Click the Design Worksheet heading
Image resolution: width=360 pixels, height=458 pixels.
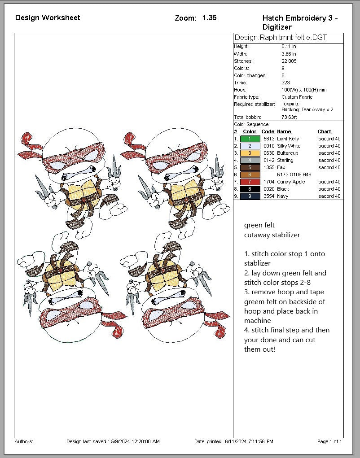pyautogui.click(x=48, y=17)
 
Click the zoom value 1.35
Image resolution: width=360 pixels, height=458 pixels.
pyautogui.click(x=210, y=18)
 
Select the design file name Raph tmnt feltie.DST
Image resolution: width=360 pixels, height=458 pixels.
pyautogui.click(x=293, y=38)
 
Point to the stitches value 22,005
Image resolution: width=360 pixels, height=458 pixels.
pyautogui.click(x=289, y=61)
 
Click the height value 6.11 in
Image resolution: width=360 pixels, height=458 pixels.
pyautogui.click(x=289, y=47)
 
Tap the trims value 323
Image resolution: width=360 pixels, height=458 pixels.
pyautogui.click(x=285, y=83)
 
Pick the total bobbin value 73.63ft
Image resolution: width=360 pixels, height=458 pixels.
pyautogui.click(x=289, y=117)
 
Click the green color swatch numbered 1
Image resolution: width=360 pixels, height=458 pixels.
pyautogui.click(x=250, y=139)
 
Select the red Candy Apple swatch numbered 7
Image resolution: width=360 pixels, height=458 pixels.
pyautogui.click(x=250, y=182)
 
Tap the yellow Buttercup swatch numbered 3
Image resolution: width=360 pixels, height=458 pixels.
pyautogui.click(x=250, y=153)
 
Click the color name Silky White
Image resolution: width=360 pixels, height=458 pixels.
pyautogui.click(x=289, y=146)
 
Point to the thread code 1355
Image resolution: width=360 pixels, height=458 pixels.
pyautogui.click(x=269, y=167)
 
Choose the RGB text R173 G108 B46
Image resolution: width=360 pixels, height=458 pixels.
pyautogui.click(x=294, y=174)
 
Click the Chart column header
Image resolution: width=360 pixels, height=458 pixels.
pyautogui.click(x=324, y=132)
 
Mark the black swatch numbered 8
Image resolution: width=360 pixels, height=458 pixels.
pyautogui.click(x=250, y=189)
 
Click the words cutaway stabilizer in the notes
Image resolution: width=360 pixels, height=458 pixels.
pyautogui.click(x=272, y=235)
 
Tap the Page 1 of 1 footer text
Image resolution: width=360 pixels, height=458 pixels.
pyautogui.click(x=329, y=441)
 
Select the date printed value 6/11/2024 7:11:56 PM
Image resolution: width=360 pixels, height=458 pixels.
pyautogui.click(x=249, y=441)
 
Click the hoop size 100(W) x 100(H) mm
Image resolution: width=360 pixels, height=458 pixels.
pyautogui.click(x=304, y=90)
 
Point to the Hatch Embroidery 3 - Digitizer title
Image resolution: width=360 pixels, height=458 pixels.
pyautogui.click(x=300, y=22)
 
